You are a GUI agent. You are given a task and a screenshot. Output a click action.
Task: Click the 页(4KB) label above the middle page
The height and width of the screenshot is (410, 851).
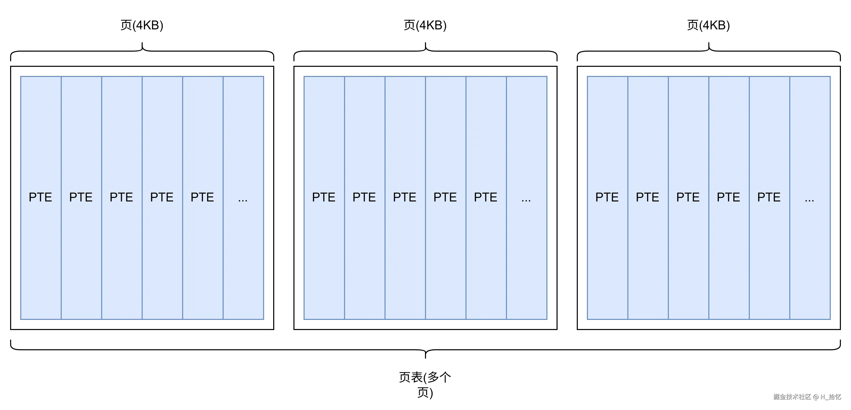point(425,25)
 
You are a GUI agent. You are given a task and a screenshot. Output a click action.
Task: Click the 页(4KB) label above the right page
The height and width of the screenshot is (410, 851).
point(708,25)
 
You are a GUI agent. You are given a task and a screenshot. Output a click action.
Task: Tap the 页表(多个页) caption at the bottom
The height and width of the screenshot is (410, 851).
point(425,384)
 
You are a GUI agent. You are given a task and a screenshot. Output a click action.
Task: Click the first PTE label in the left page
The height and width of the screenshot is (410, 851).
point(40,197)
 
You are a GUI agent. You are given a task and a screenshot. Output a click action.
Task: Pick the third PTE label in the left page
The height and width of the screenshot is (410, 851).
point(121,197)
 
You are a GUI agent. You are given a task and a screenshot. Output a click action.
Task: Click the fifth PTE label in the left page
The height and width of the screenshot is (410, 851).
point(202,197)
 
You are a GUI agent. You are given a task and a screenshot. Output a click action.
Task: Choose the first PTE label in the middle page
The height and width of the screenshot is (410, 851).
point(324,197)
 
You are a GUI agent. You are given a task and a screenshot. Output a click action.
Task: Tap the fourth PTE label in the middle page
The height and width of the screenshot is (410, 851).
point(445,197)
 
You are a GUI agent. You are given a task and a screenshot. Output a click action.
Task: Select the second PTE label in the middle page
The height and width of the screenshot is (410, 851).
point(364,197)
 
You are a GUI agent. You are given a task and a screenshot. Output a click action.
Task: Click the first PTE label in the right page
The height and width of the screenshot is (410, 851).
point(607,197)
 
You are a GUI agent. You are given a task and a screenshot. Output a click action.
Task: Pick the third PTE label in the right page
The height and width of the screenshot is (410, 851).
point(688,197)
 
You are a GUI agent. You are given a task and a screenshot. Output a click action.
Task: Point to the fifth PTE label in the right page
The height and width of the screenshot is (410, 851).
point(769,197)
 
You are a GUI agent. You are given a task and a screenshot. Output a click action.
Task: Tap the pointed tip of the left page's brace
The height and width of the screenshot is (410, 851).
point(142,43)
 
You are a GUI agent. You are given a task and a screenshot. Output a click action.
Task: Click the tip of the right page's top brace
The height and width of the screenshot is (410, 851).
point(709,43)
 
